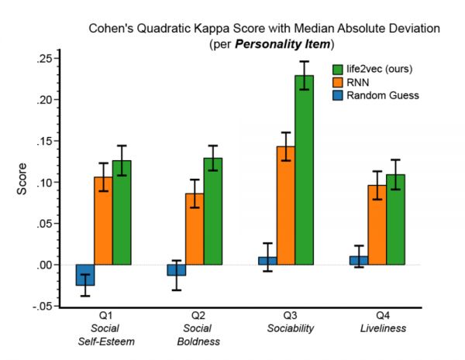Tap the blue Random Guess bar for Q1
(x=84, y=275)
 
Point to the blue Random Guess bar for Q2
(x=176, y=270)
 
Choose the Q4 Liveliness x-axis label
(x=377, y=323)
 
